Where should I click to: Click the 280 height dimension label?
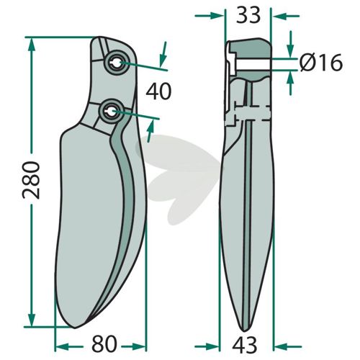tap(31, 180)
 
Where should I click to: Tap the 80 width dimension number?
tap(104, 344)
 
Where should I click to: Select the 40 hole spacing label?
tap(158, 91)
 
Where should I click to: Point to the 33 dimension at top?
tap(248, 15)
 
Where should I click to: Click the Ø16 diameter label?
tap(321, 63)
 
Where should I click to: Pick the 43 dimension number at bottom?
tap(245, 344)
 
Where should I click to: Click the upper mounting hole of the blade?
tap(117, 63)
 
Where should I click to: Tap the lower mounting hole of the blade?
tap(112, 111)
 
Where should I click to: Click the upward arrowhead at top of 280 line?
tap(32, 45)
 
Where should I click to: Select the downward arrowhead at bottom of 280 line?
tap(32, 319)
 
